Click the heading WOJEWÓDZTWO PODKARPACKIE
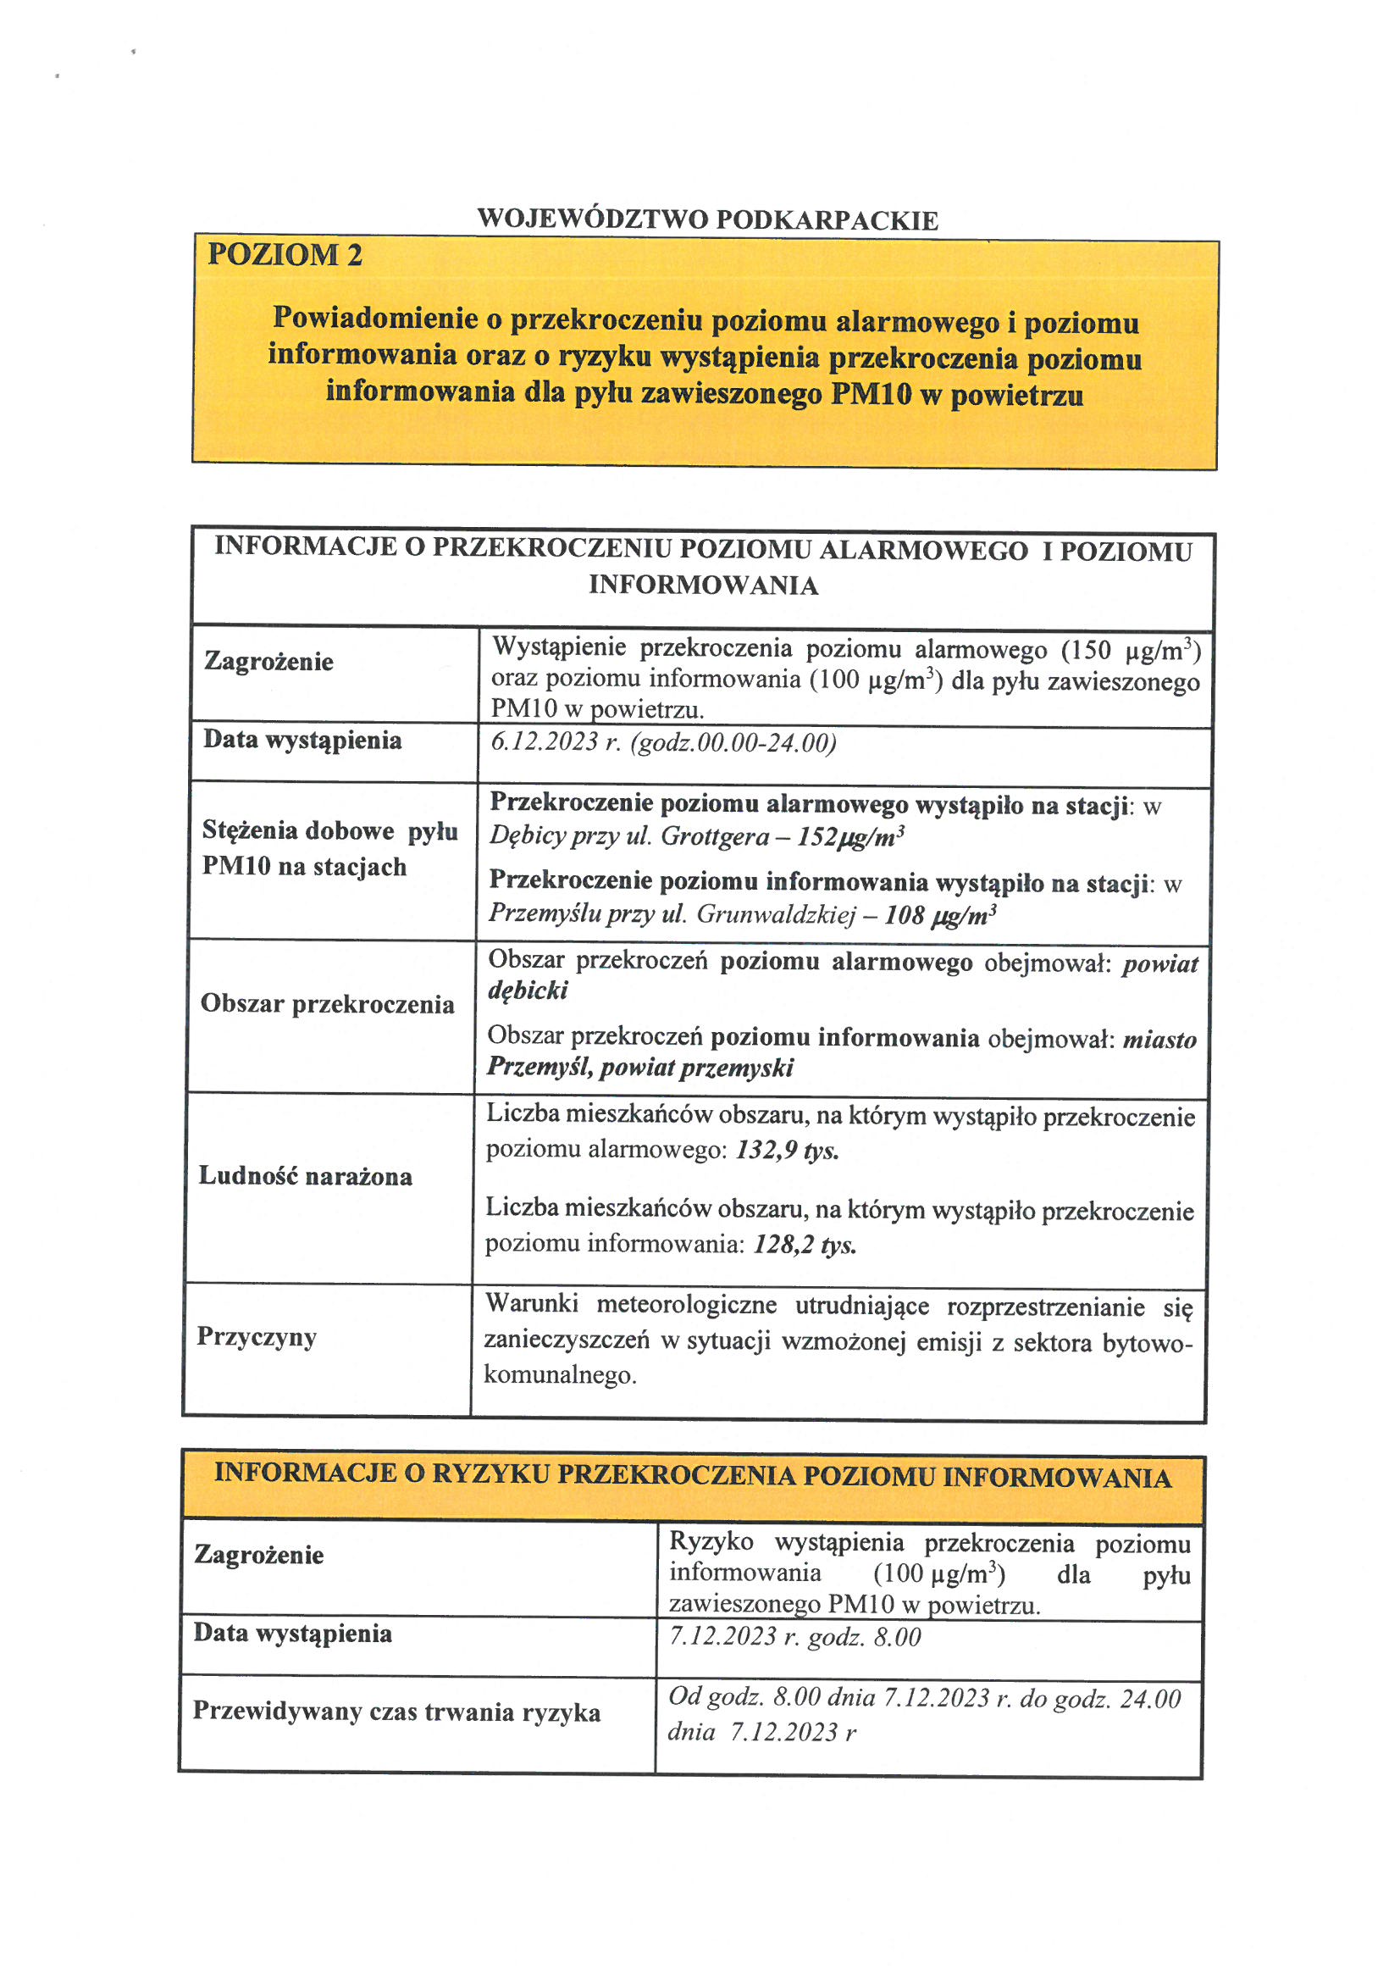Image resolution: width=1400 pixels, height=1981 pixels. click(707, 220)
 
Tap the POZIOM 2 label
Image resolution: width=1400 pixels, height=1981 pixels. click(285, 255)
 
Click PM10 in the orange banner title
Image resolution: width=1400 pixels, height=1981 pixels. click(872, 395)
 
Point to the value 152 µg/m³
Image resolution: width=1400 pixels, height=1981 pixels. click(850, 837)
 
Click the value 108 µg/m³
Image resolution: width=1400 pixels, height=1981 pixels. click(940, 914)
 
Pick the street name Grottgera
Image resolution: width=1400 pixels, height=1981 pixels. click(715, 836)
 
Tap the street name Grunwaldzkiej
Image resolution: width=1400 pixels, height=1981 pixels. click(777, 913)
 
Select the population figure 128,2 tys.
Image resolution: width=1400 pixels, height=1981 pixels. click(805, 1244)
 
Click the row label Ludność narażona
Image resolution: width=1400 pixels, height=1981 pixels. click(306, 1177)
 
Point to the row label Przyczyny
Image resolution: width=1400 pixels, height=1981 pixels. click(257, 1337)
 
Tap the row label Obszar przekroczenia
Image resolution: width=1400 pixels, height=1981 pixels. click(328, 1004)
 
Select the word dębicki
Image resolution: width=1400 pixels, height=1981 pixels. click(528, 990)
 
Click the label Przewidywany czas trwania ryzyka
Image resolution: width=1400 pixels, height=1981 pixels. click(397, 1712)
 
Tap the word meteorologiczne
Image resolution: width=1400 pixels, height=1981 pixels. click(687, 1305)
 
